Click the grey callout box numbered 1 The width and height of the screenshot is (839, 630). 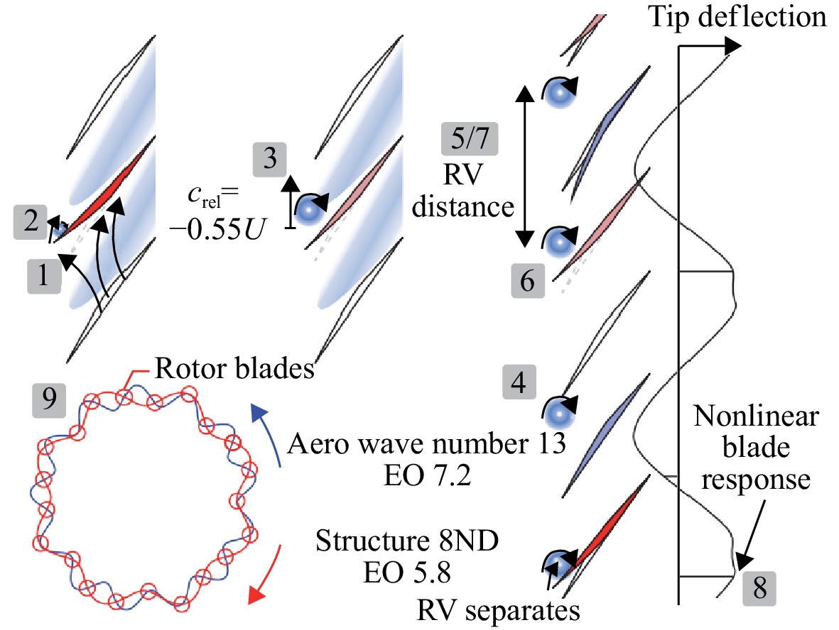[x=44, y=277]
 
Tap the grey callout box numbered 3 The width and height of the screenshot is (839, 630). [x=270, y=159]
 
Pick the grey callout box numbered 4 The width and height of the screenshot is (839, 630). [x=519, y=382]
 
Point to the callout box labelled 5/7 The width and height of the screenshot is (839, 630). [x=470, y=139]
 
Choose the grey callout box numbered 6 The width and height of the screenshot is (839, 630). [x=528, y=280]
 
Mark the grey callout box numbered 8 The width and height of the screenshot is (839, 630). [x=759, y=588]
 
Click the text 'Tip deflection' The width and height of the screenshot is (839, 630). [x=738, y=17]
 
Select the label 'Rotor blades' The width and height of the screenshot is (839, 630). [x=234, y=369]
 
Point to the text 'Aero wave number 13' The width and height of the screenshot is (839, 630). [x=426, y=443]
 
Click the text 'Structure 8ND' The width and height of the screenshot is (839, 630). [x=406, y=541]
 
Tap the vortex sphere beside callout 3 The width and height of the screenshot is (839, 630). [x=309, y=210]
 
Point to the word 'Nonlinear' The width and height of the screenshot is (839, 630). [x=756, y=416]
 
